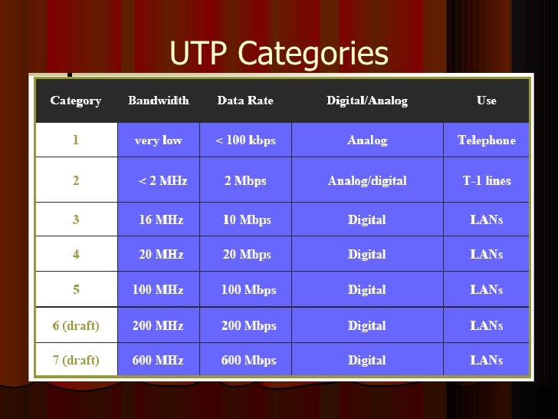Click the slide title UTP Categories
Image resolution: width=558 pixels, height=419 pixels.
278,54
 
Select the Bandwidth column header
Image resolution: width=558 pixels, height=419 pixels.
158,101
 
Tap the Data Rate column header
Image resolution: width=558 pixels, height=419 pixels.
245,101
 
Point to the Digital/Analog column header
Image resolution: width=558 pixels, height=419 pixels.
367,101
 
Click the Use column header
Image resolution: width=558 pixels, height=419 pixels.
486,101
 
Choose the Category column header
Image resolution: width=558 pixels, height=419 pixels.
76,101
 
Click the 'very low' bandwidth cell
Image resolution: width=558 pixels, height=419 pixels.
158,140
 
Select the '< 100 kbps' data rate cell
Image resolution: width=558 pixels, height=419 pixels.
245,140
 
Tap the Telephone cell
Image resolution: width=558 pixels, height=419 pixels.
486,140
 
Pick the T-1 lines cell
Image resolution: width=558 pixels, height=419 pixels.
486,181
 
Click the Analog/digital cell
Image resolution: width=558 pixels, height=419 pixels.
367,181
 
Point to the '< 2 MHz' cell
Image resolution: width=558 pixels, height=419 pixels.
162,181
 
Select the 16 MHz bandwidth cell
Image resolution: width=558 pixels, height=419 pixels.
160,219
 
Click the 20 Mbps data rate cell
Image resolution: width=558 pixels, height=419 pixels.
246,255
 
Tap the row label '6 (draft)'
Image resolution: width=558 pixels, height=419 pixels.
76,325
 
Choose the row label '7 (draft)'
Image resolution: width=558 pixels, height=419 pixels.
76,360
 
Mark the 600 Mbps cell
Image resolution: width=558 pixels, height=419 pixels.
248,360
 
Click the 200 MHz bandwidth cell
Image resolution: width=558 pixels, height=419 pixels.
158,325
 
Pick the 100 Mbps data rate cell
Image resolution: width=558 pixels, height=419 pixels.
248,290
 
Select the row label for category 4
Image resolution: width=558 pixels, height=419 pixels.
76,255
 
